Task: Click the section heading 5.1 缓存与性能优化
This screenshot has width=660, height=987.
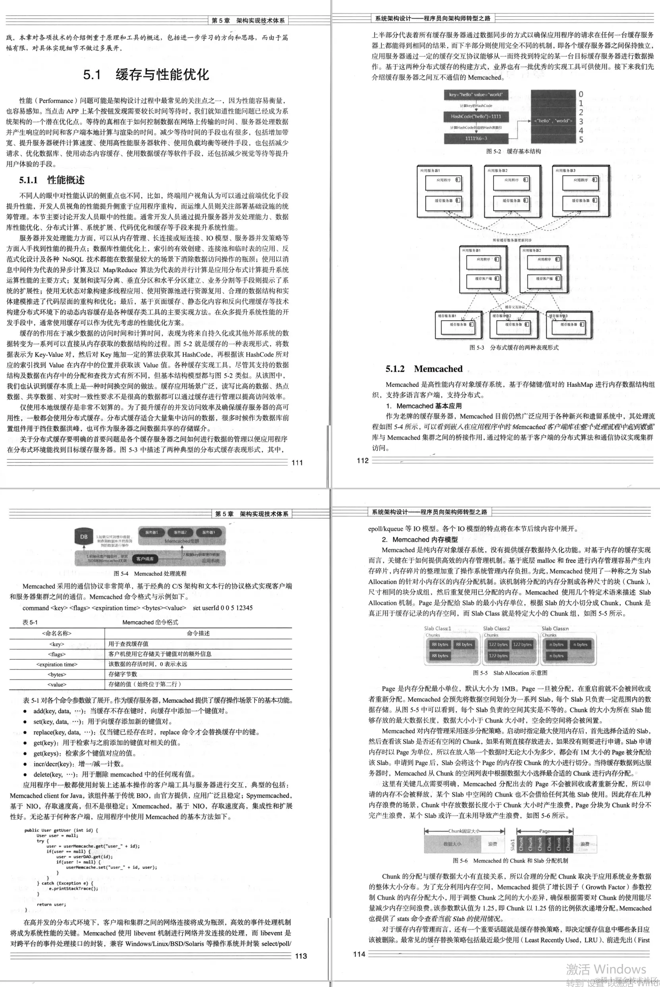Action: click(x=146, y=75)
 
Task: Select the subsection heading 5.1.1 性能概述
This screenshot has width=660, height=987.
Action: click(x=52, y=180)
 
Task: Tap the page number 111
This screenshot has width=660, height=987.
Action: click(x=297, y=463)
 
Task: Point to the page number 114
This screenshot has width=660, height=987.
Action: click(x=359, y=954)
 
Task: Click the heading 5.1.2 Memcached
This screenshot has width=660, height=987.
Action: click(x=424, y=369)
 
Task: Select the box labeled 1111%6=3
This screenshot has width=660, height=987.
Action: click(x=476, y=139)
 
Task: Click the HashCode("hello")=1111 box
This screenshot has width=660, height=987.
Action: click(x=476, y=117)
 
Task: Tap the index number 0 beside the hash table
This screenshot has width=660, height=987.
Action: click(x=581, y=94)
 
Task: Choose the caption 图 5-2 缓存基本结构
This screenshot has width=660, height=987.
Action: click(x=513, y=151)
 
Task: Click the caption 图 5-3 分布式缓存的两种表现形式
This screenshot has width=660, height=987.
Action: click(x=513, y=347)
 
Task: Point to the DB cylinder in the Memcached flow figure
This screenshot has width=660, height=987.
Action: click(x=84, y=537)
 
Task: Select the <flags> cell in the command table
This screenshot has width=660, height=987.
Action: click(x=57, y=654)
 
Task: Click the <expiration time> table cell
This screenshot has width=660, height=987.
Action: click(x=57, y=664)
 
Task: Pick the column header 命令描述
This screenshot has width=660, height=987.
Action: click(x=198, y=633)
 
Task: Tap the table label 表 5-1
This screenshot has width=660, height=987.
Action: click(x=30, y=622)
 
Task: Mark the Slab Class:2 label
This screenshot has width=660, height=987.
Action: click(x=496, y=628)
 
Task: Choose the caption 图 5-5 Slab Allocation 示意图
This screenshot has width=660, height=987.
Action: click(x=510, y=673)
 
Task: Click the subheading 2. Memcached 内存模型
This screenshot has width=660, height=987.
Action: click(x=420, y=540)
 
